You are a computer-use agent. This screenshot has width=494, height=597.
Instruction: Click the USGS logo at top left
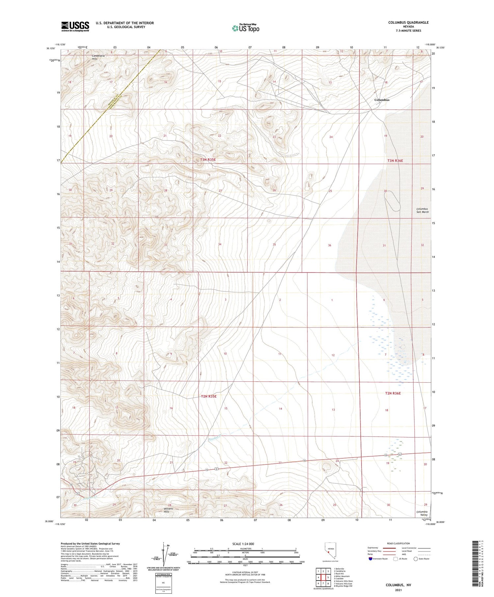pos(75,26)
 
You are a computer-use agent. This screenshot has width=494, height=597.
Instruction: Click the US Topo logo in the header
pos(245,28)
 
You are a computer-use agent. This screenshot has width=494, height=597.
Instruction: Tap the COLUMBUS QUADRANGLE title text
pos(408,22)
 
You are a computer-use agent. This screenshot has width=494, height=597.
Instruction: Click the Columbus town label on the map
pos(382,100)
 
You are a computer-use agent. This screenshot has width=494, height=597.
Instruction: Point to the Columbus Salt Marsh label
pos(422,210)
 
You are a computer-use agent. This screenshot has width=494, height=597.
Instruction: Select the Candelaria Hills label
pos(98,57)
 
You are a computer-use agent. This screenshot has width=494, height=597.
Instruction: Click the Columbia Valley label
pos(422,513)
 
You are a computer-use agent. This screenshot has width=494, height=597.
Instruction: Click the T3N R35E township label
pos(208,160)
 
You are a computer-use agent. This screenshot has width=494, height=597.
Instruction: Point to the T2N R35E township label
pos(208,396)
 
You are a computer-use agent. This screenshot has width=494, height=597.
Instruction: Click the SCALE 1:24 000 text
pos(243,544)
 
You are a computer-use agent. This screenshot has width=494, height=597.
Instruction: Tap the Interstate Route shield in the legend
pos(370,559)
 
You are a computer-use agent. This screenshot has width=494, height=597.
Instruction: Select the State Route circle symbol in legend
pos(416,559)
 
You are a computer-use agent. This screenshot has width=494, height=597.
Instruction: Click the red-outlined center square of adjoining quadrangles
pos(323,577)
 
